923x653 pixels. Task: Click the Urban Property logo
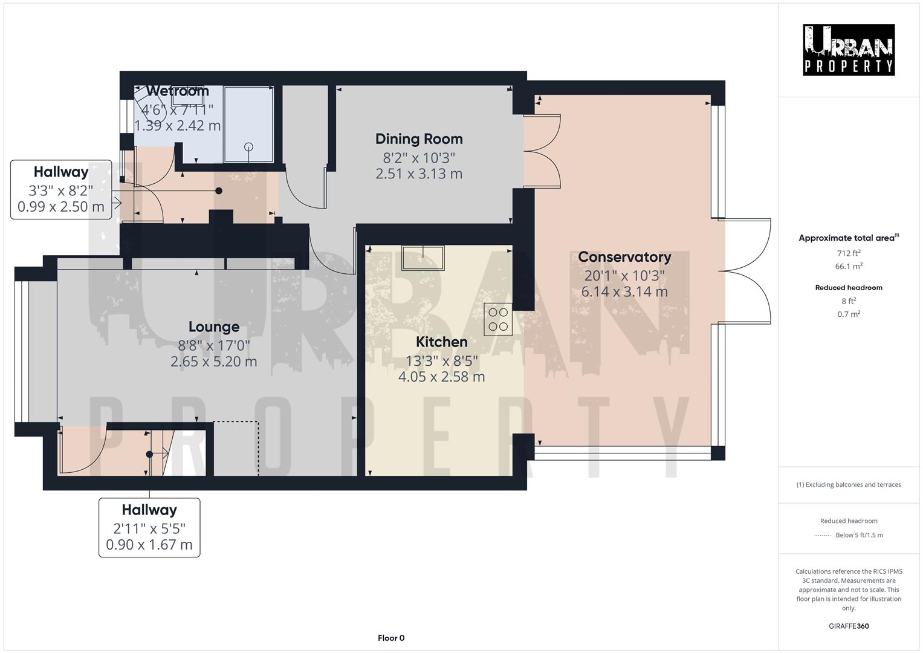[849, 50]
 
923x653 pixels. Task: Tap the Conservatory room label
[624, 257]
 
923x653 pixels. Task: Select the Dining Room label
[419, 139]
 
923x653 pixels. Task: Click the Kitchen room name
[441, 342]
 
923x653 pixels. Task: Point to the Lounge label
[214, 327]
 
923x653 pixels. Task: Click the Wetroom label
[177, 91]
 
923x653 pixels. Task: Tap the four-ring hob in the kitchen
[498, 319]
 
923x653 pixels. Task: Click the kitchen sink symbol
[423, 256]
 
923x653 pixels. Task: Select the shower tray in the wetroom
[248, 124]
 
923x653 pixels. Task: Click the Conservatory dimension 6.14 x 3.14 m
[624, 291]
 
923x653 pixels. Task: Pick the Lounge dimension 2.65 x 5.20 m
[214, 362]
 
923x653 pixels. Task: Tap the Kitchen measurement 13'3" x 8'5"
[441, 361]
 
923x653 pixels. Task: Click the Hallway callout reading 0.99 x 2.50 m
[61, 206]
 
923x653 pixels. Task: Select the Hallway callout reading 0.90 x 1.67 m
[149, 544]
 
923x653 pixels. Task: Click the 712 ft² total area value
[849, 253]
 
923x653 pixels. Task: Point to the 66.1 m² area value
[849, 266]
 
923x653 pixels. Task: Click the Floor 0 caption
[390, 638]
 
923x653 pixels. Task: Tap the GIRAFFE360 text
[849, 626]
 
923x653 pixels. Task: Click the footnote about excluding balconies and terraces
[849, 484]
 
